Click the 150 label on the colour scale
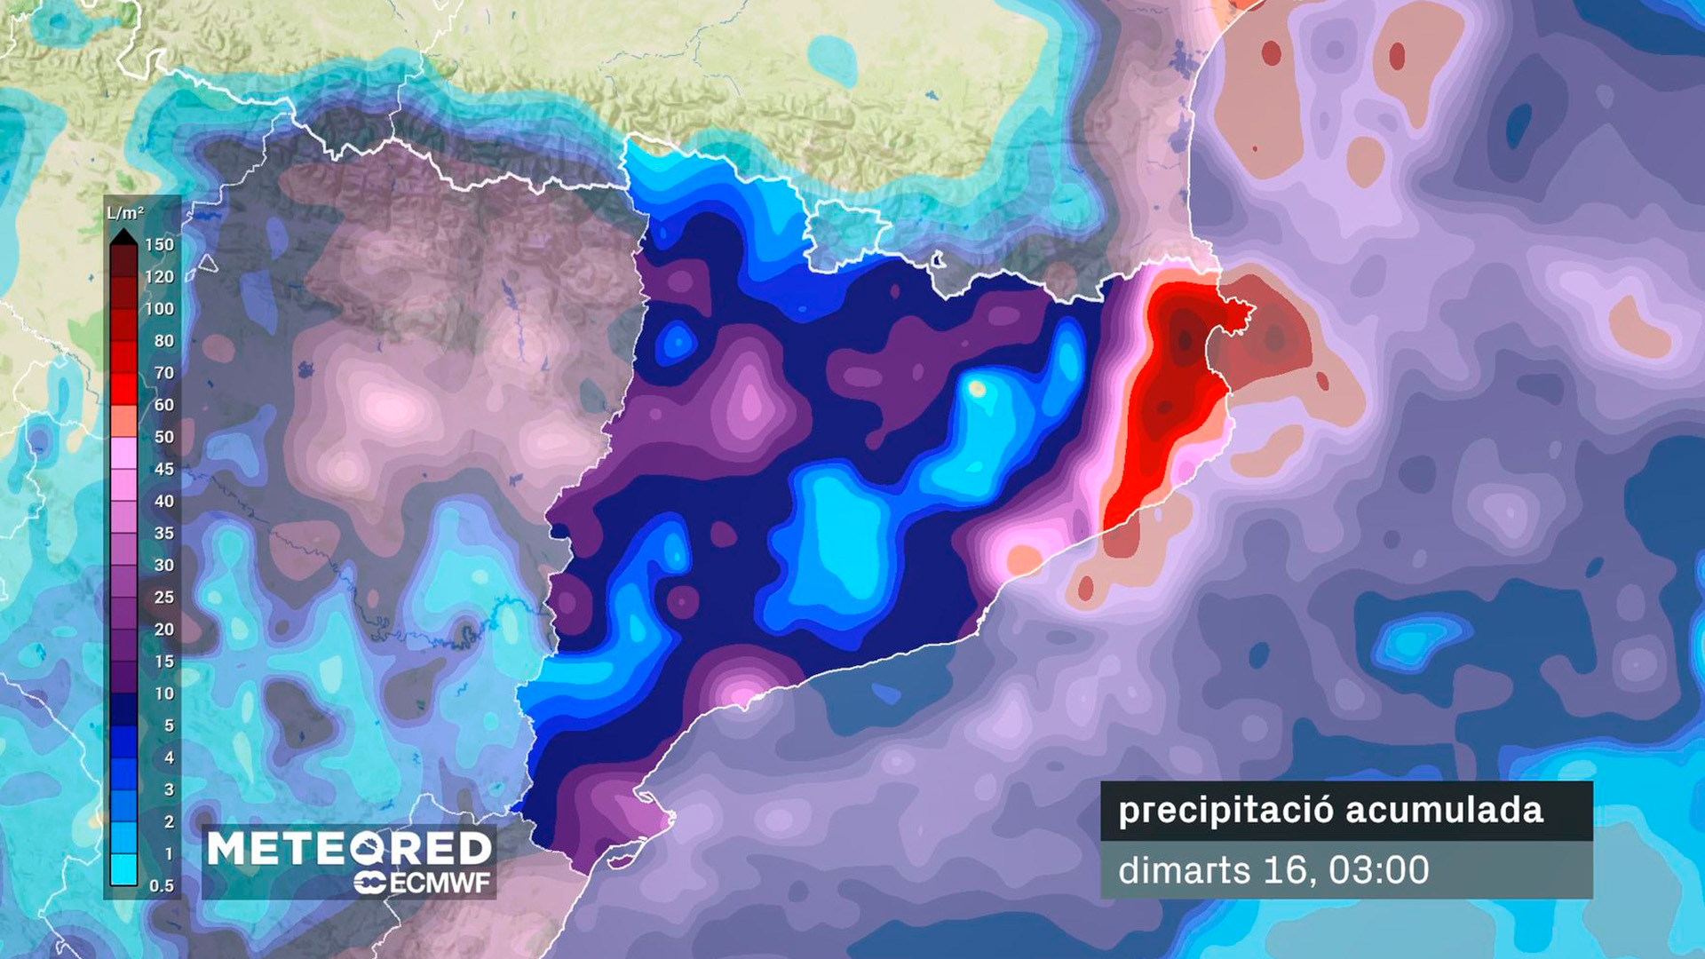160,244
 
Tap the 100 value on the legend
160,308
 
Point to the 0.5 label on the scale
162,885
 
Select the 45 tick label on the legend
164,469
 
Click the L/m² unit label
125,213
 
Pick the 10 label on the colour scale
164,693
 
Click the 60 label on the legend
164,405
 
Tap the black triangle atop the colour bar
123,236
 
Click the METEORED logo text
349,849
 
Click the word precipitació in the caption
1225,811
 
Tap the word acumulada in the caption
1444,811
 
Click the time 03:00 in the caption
1379,870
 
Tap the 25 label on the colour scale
164,597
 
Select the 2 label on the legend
169,821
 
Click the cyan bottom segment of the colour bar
123,870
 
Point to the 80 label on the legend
164,340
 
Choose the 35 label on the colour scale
164,533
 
